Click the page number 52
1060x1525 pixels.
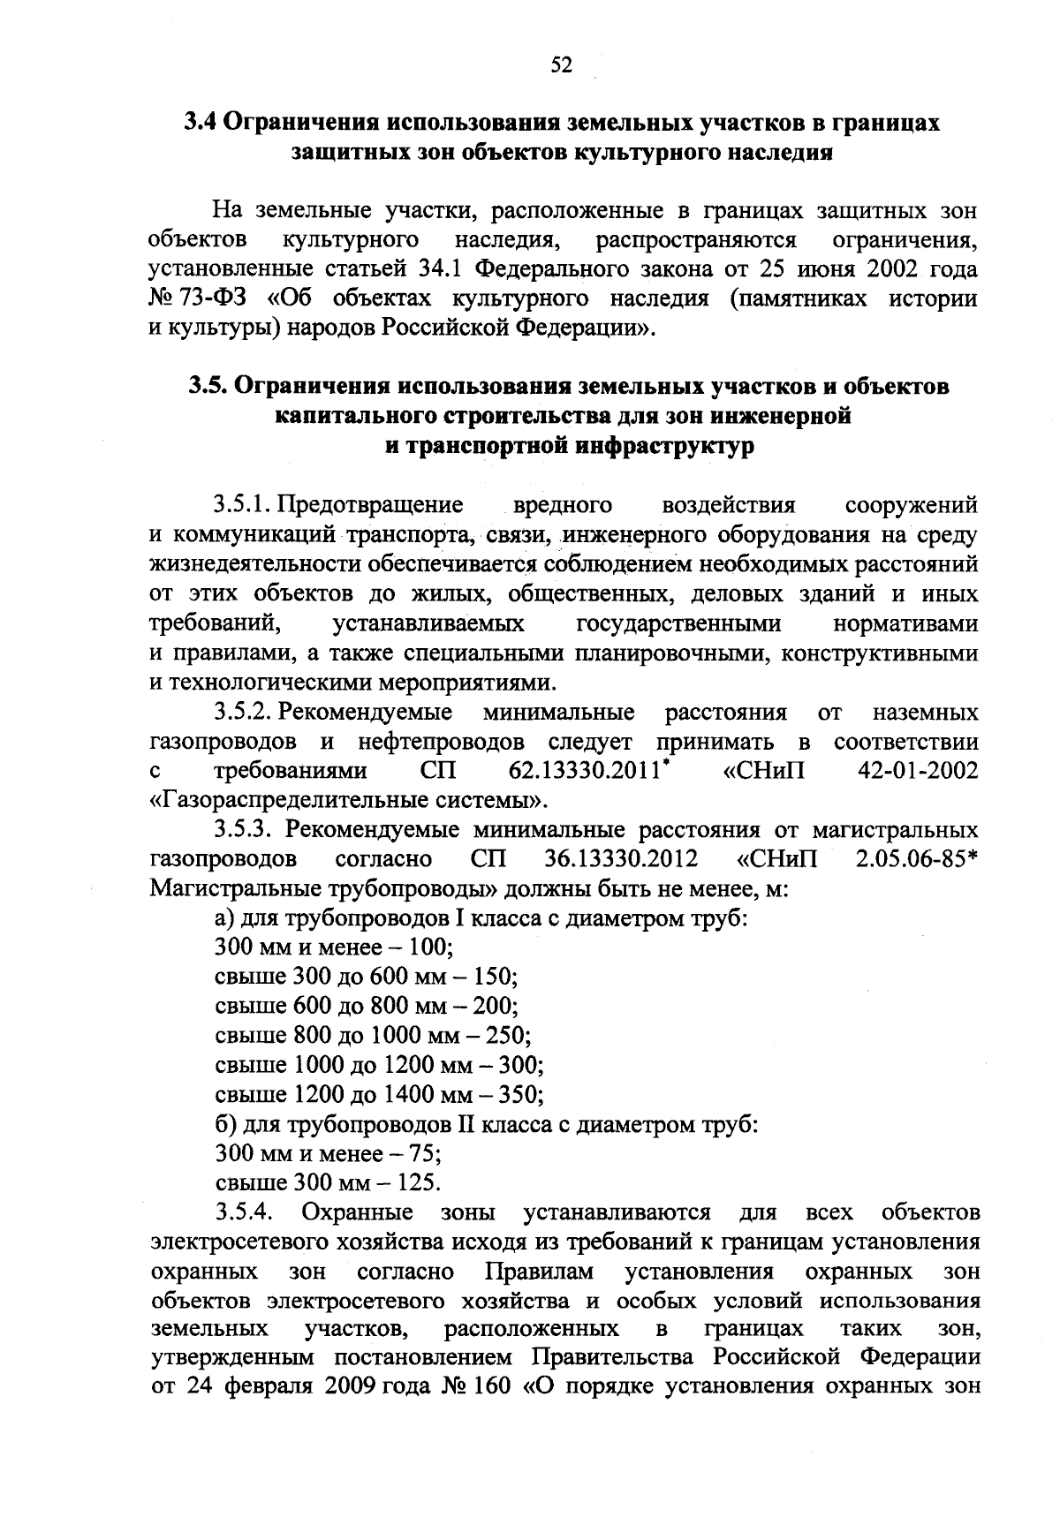(562, 65)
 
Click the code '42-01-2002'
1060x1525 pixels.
(918, 772)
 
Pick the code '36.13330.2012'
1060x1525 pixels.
(616, 859)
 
